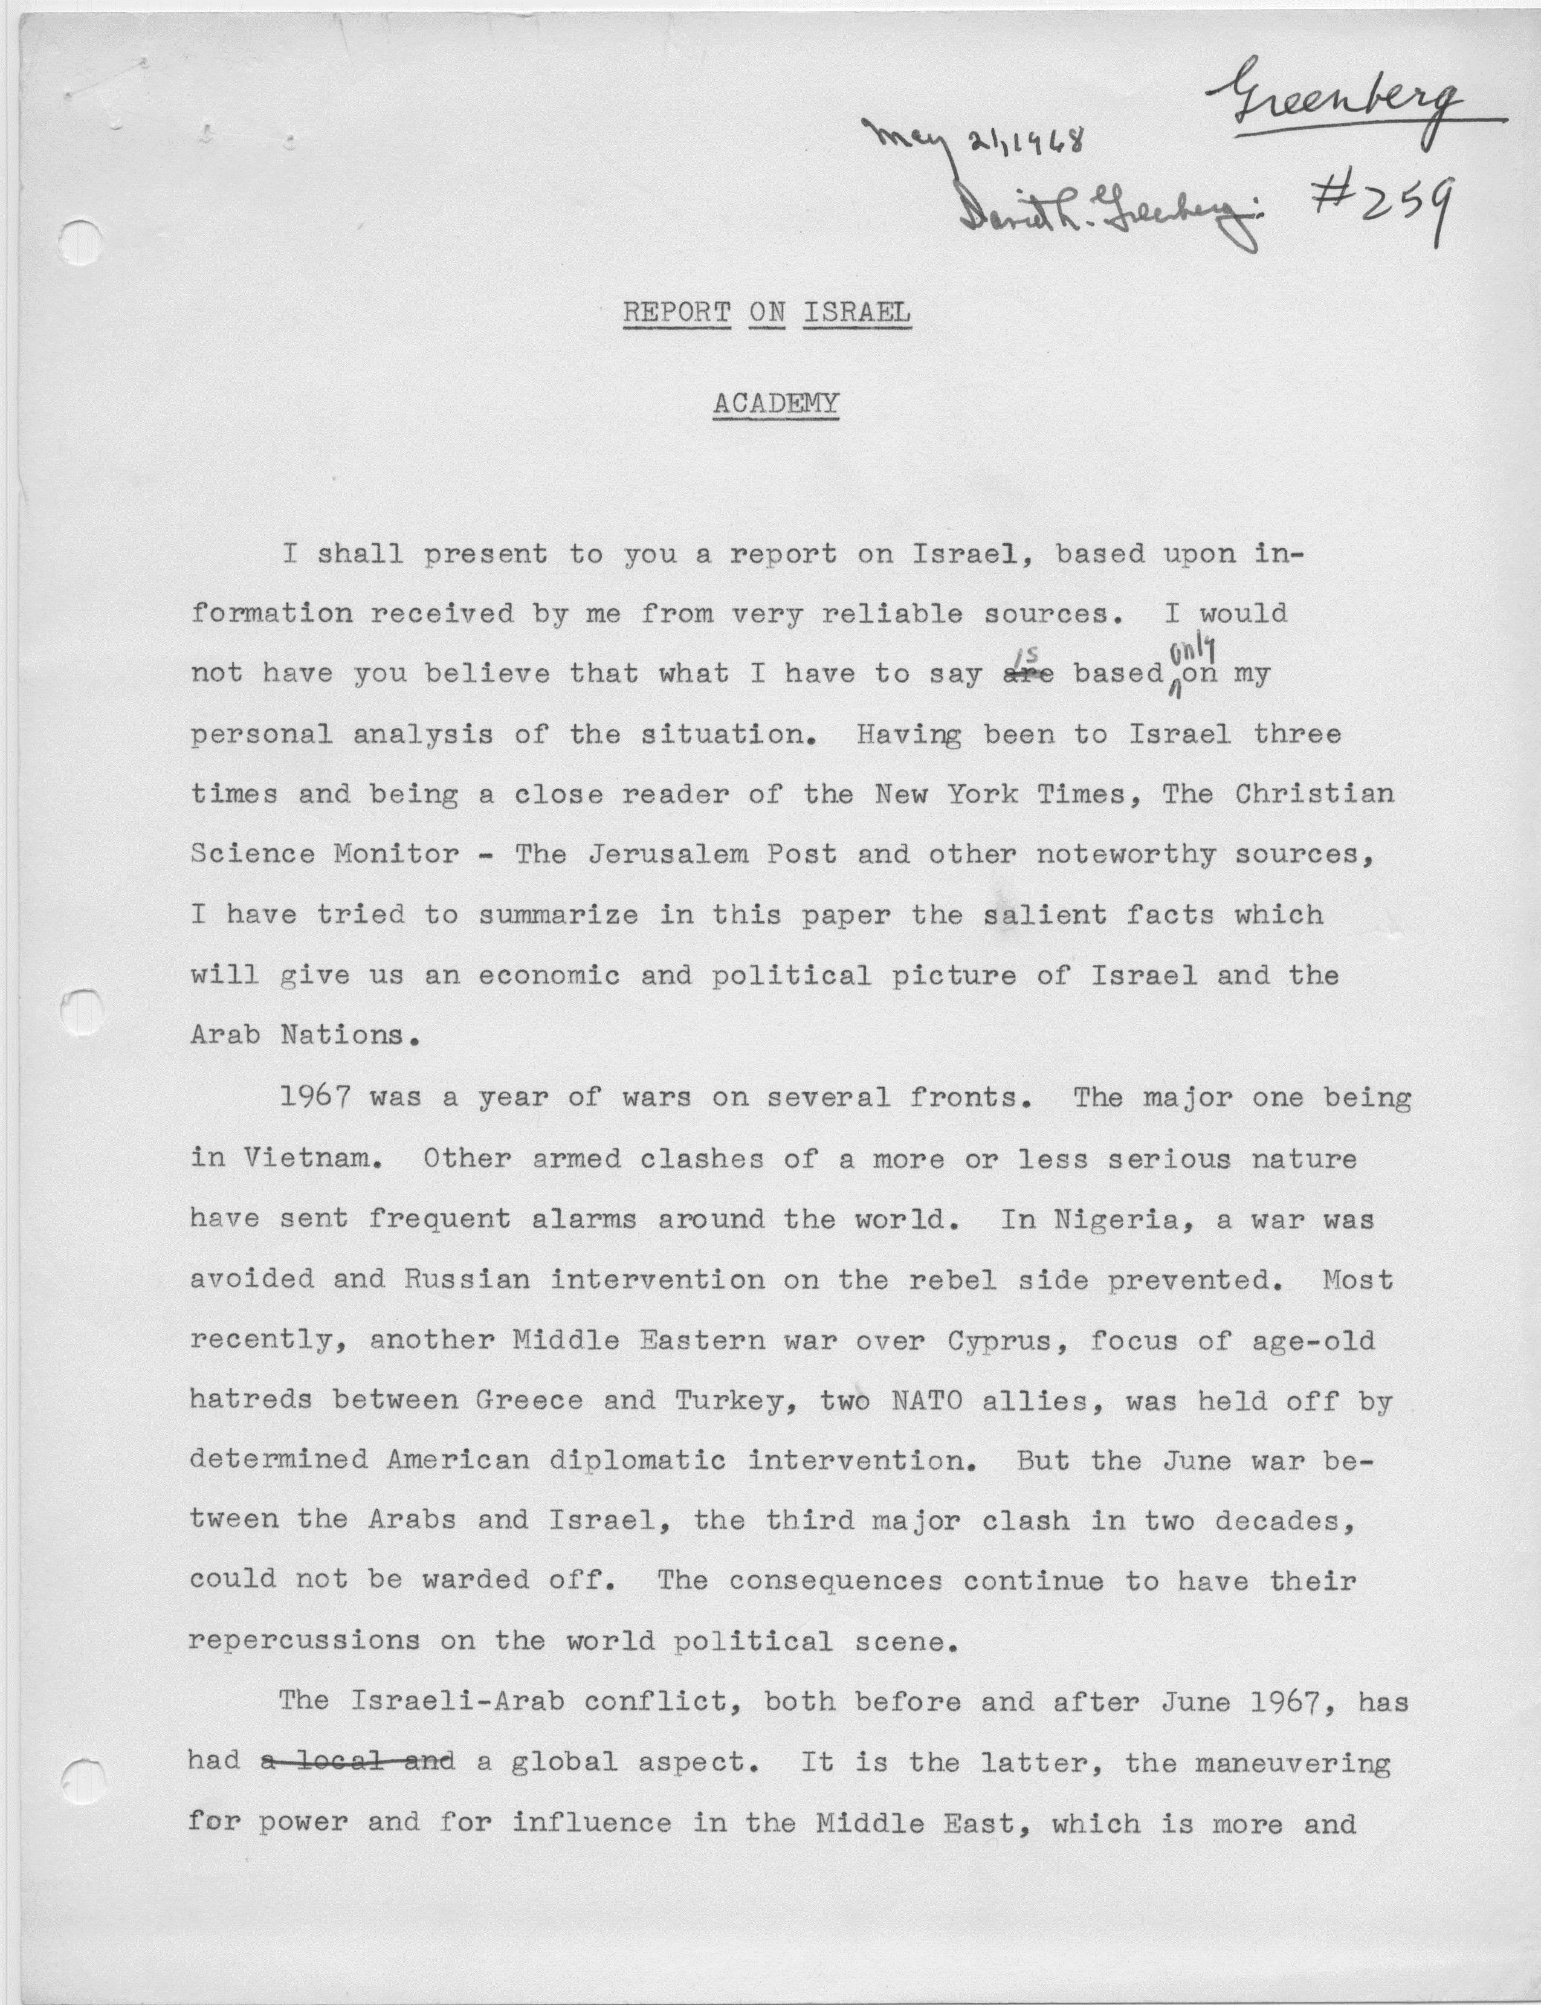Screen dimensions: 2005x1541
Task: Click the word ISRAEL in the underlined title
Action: point(857,313)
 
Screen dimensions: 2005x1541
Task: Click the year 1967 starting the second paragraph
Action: point(315,1096)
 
